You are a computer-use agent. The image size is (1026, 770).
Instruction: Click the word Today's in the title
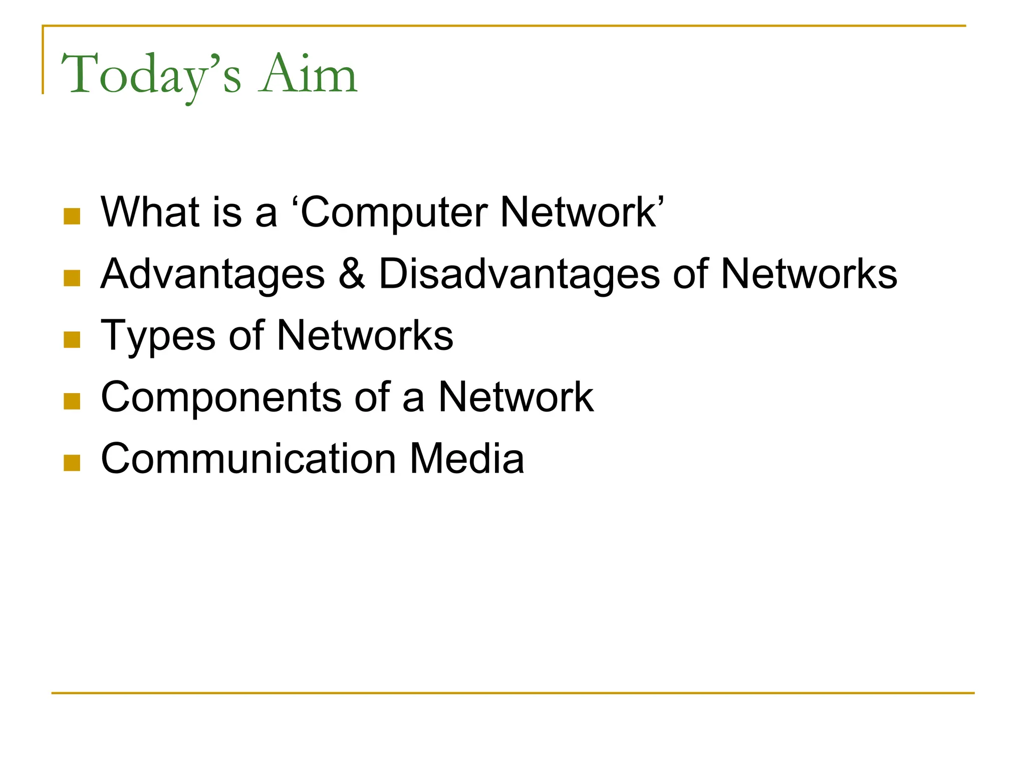[150, 75]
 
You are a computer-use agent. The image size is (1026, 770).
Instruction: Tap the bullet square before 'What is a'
[72, 217]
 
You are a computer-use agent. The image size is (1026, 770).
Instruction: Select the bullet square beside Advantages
[72, 278]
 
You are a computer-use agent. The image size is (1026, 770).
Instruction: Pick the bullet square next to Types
[72, 340]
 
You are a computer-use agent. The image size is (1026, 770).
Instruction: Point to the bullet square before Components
[72, 402]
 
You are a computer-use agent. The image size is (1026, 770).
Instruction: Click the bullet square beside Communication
[72, 463]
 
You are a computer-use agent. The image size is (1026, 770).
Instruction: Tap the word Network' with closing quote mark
[581, 212]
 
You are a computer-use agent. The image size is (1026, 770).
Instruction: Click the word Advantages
[213, 275]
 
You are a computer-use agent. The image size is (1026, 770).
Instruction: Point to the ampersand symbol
[352, 274]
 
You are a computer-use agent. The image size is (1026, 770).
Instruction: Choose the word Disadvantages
[519, 275]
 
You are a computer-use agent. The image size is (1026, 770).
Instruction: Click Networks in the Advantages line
[809, 274]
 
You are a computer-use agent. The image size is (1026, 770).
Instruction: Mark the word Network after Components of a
[516, 397]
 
